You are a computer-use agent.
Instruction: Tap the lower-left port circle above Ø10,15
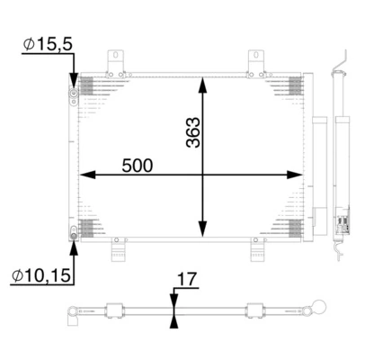(x=73, y=232)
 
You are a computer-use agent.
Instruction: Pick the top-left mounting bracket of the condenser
(x=114, y=60)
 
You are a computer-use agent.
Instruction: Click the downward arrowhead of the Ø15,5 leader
(x=73, y=80)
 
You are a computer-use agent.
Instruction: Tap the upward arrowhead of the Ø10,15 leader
(x=73, y=245)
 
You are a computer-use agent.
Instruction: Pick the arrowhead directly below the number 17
(x=174, y=323)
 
